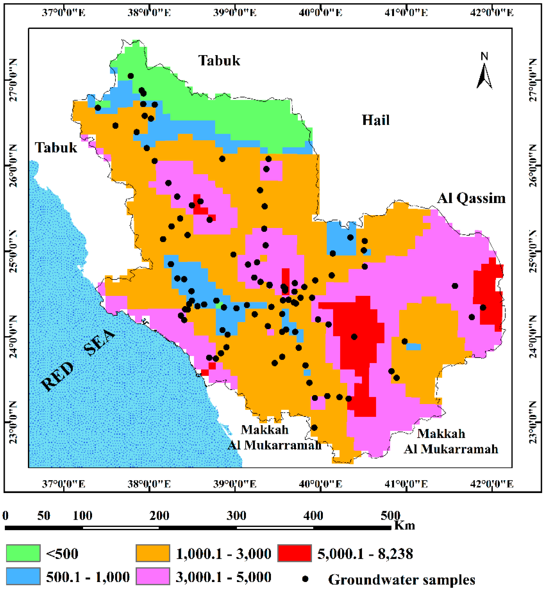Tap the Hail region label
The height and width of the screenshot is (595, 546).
coord(375,120)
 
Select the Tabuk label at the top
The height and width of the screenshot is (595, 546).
coord(219,61)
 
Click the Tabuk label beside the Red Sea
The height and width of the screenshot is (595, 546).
coord(56,148)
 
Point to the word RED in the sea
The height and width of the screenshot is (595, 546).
coord(57,376)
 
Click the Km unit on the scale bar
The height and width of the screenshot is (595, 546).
coord(405,526)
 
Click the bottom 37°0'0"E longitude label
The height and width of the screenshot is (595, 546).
coord(63,484)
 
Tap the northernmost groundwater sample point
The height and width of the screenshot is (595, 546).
coord(131,76)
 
